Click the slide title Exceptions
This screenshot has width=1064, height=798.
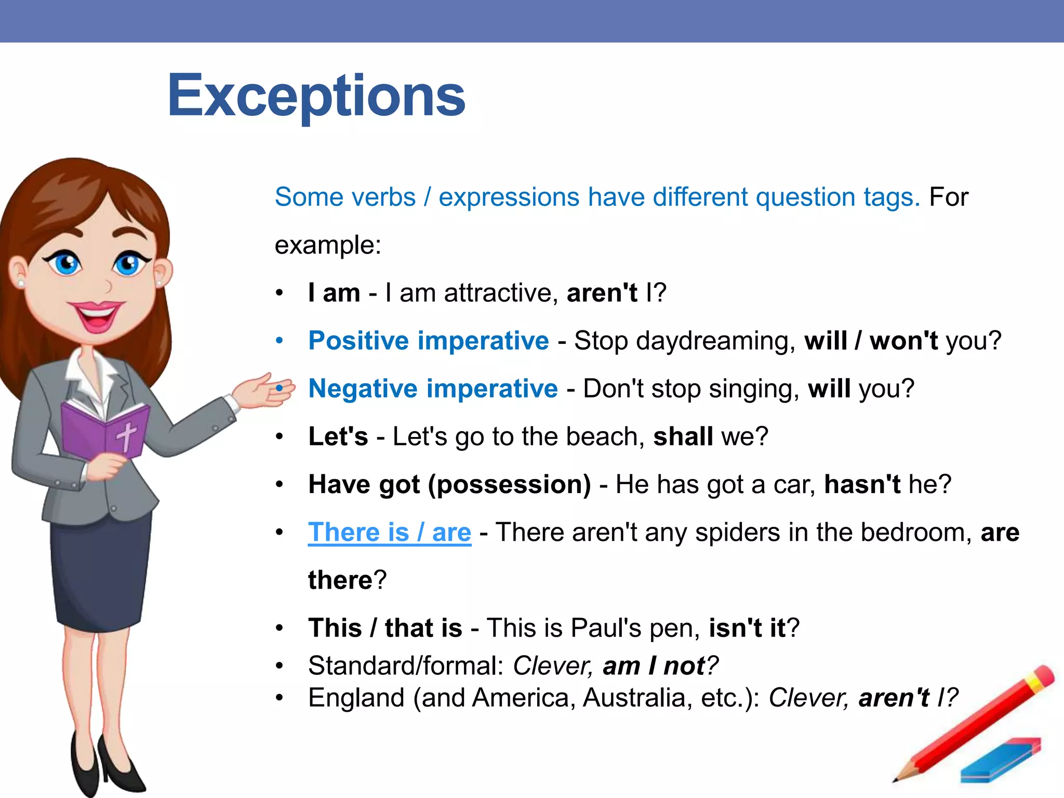pos(316,96)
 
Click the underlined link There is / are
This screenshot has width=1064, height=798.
pos(389,533)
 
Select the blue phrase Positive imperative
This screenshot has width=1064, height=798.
pos(428,341)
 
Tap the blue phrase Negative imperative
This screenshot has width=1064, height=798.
pos(433,389)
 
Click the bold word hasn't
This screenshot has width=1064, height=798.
pos(862,484)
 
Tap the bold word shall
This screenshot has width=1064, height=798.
pos(683,436)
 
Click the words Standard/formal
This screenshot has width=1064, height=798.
pos(405,666)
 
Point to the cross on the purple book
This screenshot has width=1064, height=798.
pos(126,435)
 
